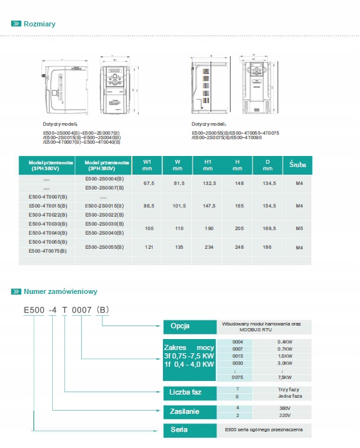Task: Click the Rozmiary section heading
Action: click(39, 24)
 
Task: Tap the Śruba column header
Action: click(298, 165)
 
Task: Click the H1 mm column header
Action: click(207, 165)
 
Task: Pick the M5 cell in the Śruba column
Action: click(299, 228)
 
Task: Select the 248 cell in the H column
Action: click(238, 247)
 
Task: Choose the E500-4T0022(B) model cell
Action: click(48, 214)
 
